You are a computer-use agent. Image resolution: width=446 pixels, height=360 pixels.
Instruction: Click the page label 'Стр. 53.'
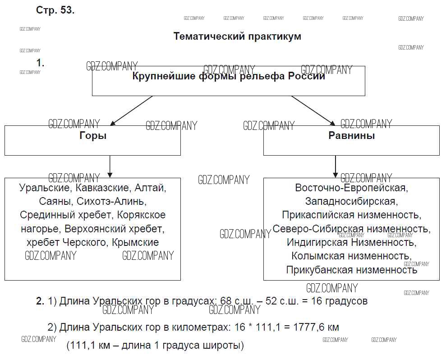[x=55, y=10]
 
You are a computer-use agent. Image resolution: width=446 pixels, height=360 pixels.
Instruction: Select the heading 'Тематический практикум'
[x=237, y=37]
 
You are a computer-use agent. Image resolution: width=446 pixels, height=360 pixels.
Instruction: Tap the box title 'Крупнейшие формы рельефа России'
[x=229, y=76]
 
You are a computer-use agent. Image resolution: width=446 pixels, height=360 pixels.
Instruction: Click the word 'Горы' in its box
[x=93, y=135]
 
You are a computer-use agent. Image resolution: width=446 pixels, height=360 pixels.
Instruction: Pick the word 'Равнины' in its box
[x=351, y=135]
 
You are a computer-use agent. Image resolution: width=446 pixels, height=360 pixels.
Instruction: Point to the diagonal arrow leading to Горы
[x=131, y=110]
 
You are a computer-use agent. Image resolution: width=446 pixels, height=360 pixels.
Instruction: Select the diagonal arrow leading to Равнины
[x=313, y=110]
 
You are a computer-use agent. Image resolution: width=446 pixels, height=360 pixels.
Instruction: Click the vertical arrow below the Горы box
[x=110, y=166]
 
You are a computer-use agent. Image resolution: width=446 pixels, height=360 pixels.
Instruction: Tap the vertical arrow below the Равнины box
[x=335, y=166]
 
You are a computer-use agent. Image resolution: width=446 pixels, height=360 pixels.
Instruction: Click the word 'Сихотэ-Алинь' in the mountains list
[x=111, y=201]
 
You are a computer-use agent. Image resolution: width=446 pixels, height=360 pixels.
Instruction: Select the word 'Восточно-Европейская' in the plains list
[x=351, y=187]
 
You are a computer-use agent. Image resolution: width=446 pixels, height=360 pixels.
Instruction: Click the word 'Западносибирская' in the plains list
[x=351, y=201]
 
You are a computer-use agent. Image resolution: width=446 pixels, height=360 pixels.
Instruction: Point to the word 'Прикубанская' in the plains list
[x=319, y=270]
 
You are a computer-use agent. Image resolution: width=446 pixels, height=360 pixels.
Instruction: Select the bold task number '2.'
[x=40, y=301]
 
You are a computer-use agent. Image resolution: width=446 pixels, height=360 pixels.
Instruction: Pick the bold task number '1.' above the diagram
[x=40, y=63]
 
